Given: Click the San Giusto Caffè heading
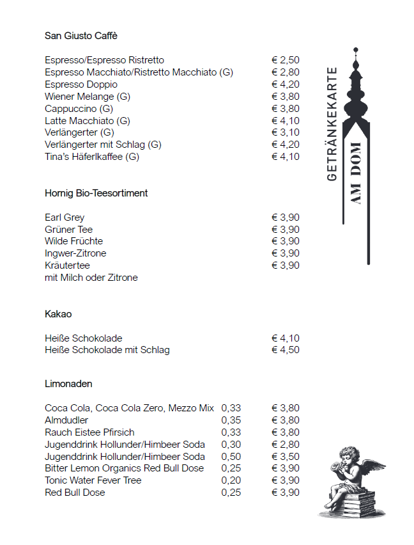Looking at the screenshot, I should coord(81,35).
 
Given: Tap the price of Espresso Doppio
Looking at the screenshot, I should coord(286,84).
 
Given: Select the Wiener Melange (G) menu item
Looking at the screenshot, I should coord(88,97).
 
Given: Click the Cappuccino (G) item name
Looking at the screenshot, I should coord(79,109).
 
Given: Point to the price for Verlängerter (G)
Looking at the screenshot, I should coord(286,132).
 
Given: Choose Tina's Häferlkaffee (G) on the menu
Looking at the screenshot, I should coord(92,157).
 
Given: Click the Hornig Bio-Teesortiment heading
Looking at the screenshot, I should coord(96,193).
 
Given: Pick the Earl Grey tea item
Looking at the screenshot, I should coord(65,217).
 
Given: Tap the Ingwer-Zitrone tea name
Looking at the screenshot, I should coord(75,253).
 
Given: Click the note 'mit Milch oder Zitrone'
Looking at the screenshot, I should coord(91,278).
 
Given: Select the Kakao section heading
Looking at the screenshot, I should coord(58,314).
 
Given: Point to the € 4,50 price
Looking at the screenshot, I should coord(286,350).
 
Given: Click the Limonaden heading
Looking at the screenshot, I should coord(68,384).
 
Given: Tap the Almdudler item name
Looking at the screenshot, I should coord(66,420).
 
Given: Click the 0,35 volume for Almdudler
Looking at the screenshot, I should coord(231,420).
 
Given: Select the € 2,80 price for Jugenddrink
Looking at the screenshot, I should coord(286,444).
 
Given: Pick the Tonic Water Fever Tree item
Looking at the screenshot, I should coord(93,480).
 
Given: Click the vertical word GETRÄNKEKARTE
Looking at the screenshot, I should coord(332,124).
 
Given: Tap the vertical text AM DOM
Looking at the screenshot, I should coord(356,182).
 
